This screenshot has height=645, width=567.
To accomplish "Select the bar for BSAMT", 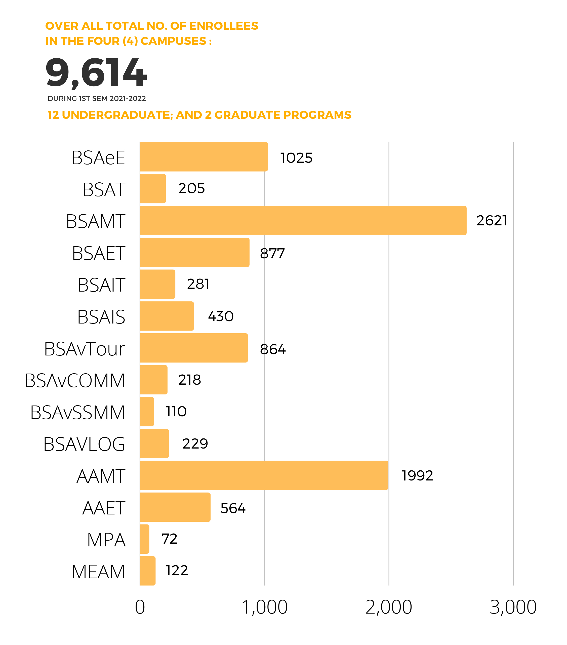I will pos(303,221).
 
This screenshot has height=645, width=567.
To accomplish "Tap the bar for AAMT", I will pos(264,475).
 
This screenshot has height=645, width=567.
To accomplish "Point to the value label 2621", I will pos(492,221).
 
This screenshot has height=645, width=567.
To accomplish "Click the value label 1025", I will pos(296,158).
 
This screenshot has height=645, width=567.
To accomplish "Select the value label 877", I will pos(272,253).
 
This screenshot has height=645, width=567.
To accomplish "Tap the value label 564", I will pos(232,508).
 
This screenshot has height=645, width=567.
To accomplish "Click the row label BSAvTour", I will pos(85,349).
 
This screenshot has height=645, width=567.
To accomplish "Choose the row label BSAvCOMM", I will pos(75,381).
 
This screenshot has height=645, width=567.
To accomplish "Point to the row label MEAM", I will pos(98,572).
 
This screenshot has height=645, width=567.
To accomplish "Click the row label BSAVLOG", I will pos(84,444).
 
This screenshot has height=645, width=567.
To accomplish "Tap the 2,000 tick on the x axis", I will pos(389,607).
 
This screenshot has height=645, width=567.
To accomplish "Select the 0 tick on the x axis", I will pos(140,607).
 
